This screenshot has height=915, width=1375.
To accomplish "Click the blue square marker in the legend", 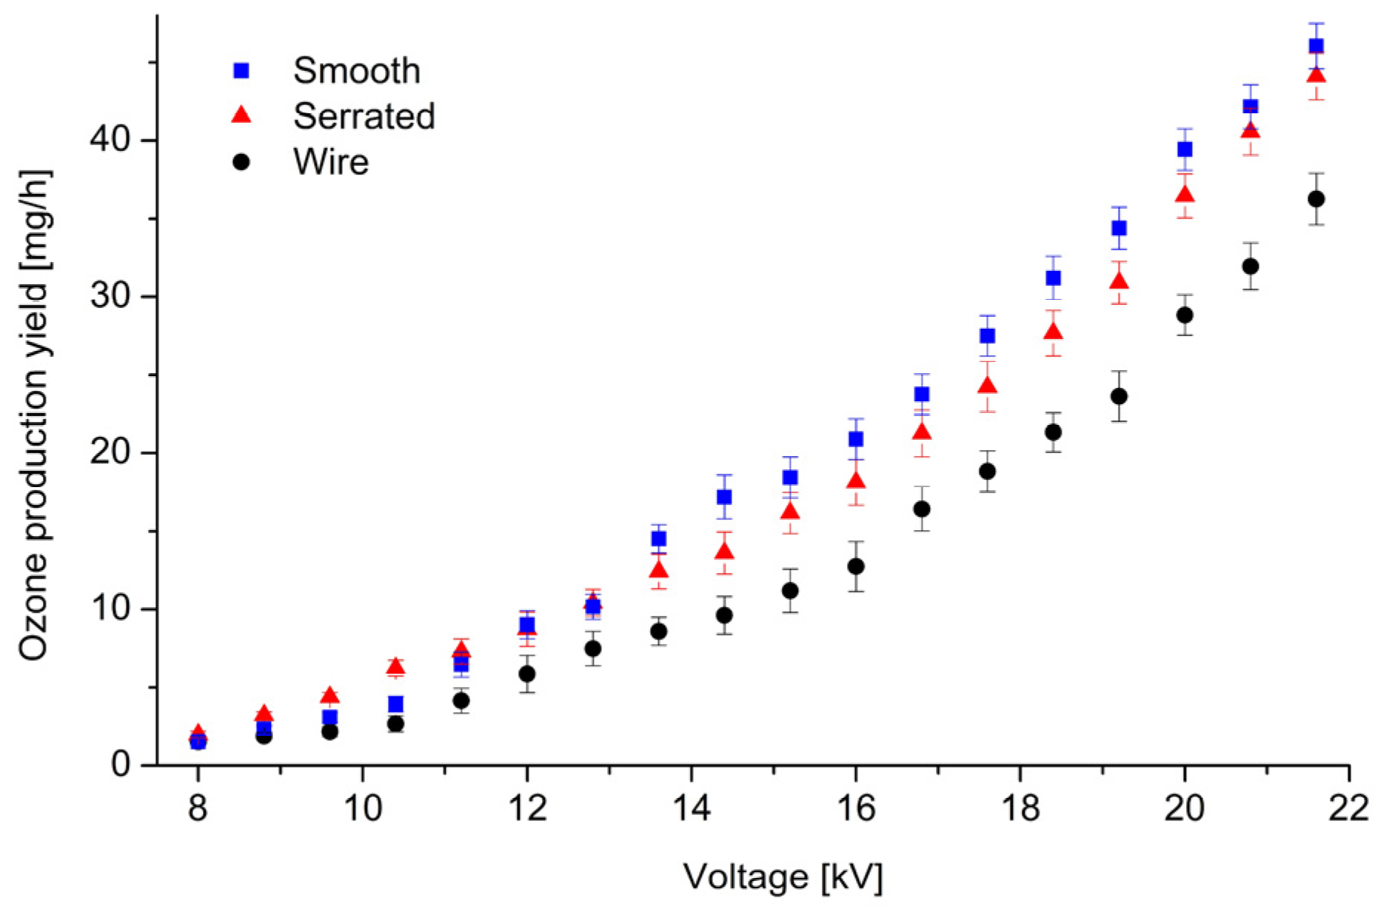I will tap(241, 71).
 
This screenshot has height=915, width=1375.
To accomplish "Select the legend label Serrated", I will tap(364, 116).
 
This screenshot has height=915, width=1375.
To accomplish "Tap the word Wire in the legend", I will tap(331, 162).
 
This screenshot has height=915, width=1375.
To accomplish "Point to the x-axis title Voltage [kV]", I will tap(783, 877).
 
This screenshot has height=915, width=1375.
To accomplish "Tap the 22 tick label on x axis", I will tap(1348, 808).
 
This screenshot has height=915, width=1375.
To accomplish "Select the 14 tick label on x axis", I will tap(691, 808).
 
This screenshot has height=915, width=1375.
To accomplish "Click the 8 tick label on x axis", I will tap(197, 808).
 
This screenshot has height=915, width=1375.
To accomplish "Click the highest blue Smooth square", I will tap(1316, 46).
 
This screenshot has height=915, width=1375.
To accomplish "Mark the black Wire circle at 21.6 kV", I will tap(1316, 199).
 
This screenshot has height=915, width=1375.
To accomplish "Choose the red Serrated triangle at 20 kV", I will tap(1185, 195).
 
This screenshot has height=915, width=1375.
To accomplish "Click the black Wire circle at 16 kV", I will tap(855, 566).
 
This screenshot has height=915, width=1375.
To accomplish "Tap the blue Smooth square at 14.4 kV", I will tap(724, 497).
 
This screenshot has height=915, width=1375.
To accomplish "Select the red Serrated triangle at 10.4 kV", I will tap(395, 666).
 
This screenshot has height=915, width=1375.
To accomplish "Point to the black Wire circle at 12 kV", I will tap(526, 674).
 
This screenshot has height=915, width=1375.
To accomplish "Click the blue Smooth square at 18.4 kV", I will tap(1053, 278).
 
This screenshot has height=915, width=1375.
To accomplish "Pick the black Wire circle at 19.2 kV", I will tap(1119, 396).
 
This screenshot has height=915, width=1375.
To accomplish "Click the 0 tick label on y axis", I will tap(121, 765).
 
